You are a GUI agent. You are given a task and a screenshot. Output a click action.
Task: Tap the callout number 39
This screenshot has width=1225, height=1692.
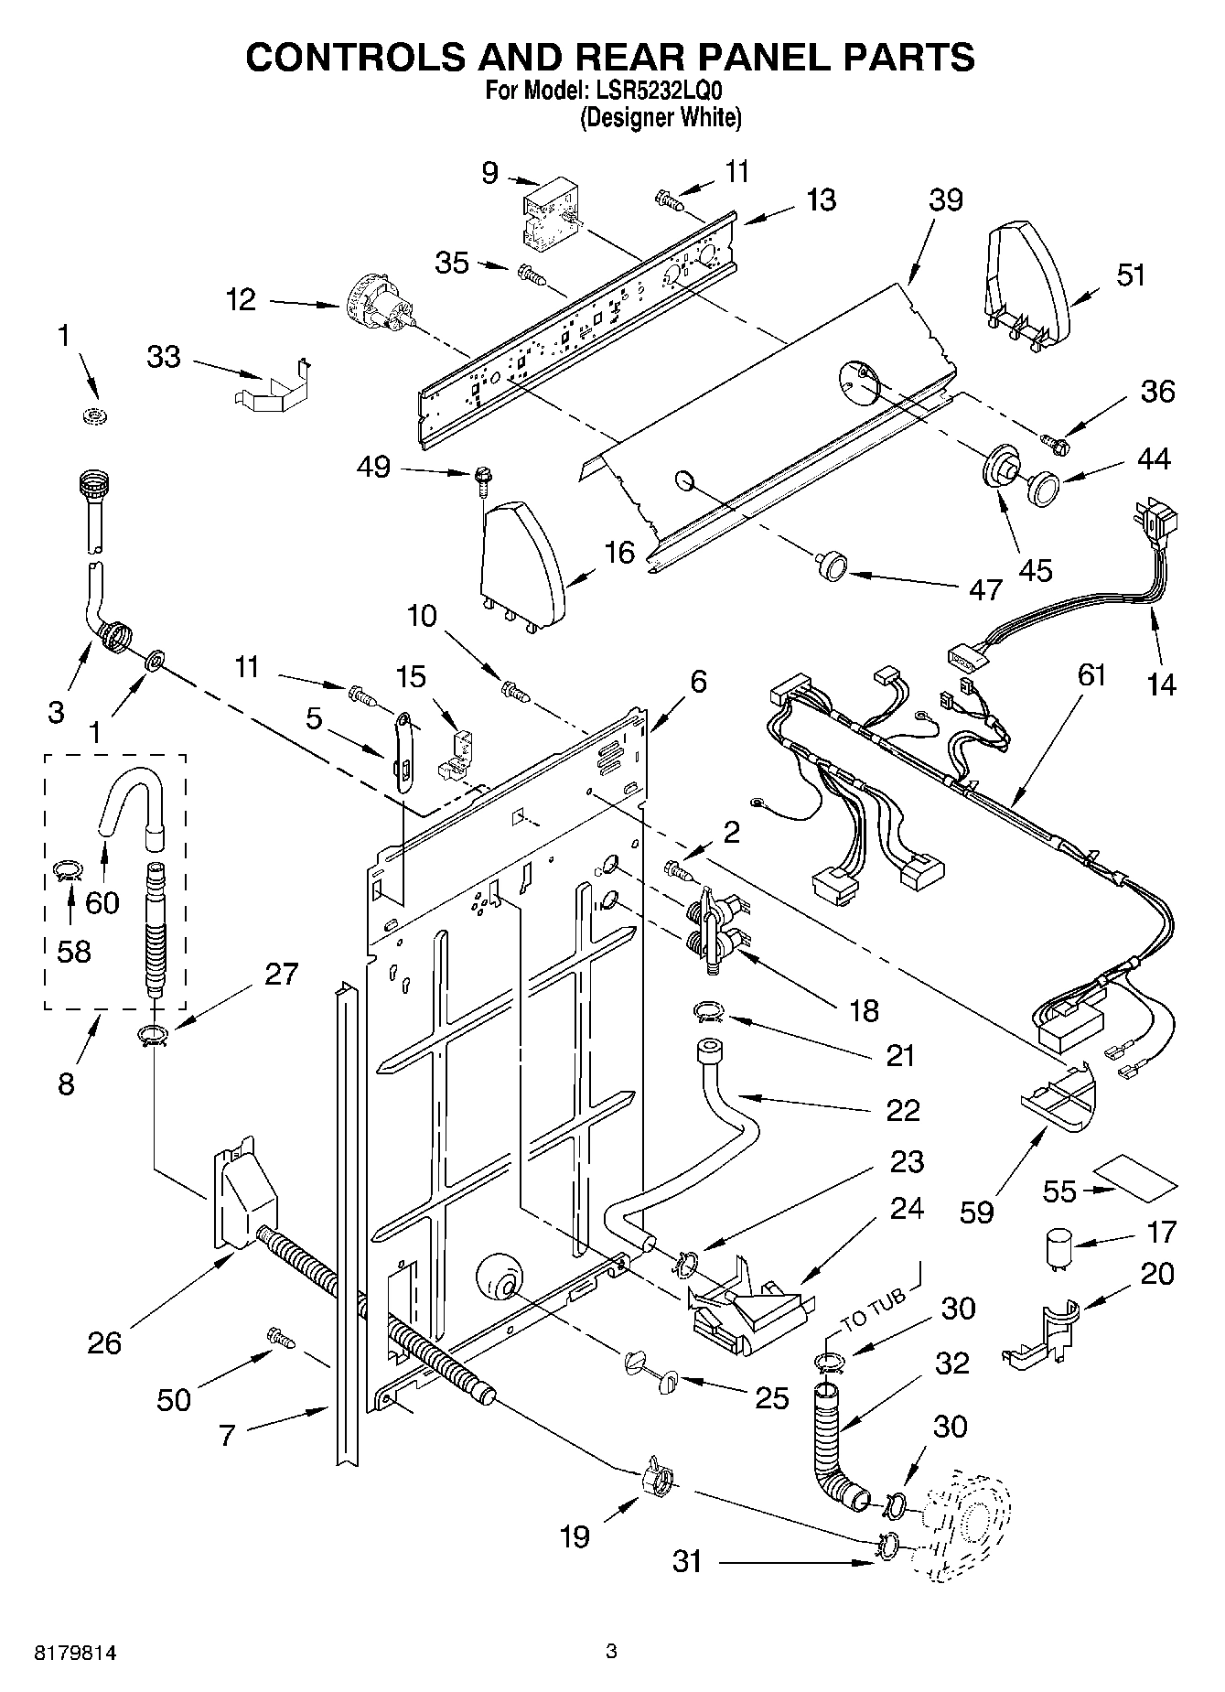(945, 199)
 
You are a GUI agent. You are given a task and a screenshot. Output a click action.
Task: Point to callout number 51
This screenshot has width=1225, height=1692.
(1131, 275)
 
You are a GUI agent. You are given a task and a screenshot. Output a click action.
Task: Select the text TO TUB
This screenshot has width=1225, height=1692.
(873, 1311)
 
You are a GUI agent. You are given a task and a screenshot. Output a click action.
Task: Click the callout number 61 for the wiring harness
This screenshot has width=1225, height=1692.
(1091, 675)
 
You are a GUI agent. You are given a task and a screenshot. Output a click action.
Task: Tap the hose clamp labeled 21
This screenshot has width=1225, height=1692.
(708, 1011)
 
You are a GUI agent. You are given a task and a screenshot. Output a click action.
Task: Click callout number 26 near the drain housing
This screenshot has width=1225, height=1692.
(104, 1342)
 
